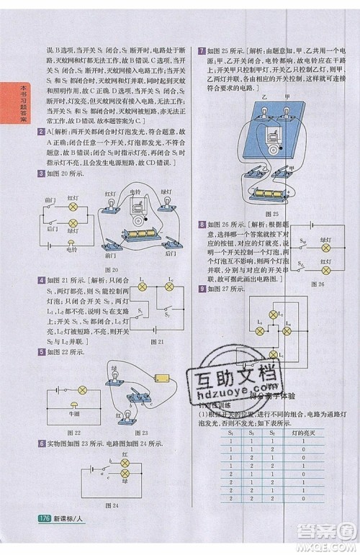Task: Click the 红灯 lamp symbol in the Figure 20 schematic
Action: coord(72,206)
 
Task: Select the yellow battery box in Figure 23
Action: coord(163,378)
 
